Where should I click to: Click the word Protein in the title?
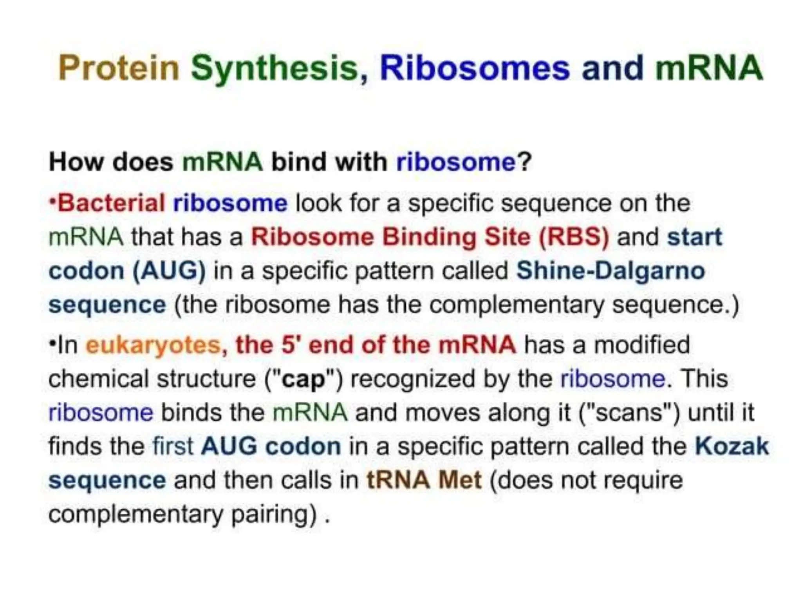pyautogui.click(x=118, y=68)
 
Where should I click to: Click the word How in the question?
pyautogui.click(x=76, y=162)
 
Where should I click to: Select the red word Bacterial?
pyautogui.click(x=111, y=203)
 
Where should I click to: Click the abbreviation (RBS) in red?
pyautogui.click(x=574, y=237)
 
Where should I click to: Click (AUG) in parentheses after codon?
pyautogui.click(x=169, y=271)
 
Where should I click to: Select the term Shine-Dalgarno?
pyautogui.click(x=611, y=271)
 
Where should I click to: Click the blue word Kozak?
pyautogui.click(x=732, y=446)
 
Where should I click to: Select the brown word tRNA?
pyautogui.click(x=398, y=480)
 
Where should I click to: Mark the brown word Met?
pyautogui.click(x=460, y=480)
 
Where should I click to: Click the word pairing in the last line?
pyautogui.click(x=274, y=514)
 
